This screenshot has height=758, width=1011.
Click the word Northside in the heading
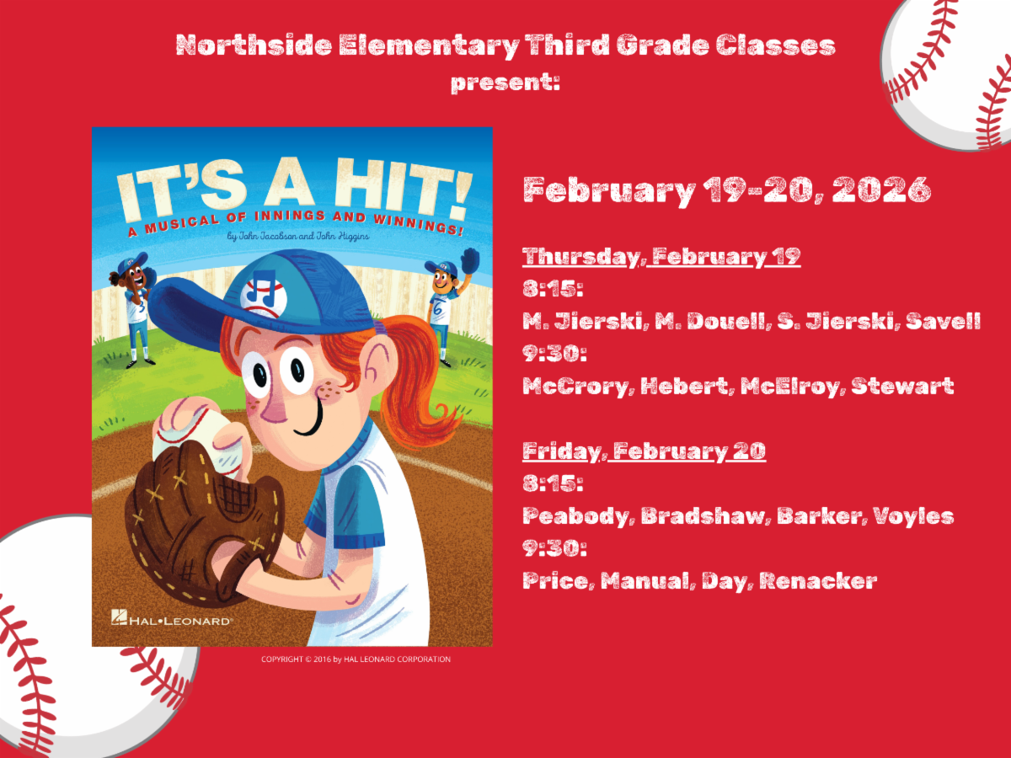click(254, 45)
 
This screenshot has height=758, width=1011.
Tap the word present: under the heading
click(505, 83)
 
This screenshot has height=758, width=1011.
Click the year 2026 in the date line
click(881, 189)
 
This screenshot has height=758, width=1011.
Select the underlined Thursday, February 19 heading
click(661, 257)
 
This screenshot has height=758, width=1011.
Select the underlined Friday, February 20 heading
click(644, 451)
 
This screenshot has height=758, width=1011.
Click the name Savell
click(944, 321)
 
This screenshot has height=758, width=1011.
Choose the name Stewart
click(902, 386)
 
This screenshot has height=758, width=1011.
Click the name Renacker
click(818, 581)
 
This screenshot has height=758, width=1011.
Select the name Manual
click(648, 581)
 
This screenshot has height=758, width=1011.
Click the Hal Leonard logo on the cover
click(172, 618)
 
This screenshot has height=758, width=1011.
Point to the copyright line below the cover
click(356, 659)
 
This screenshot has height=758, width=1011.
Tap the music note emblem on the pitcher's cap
click(264, 293)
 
